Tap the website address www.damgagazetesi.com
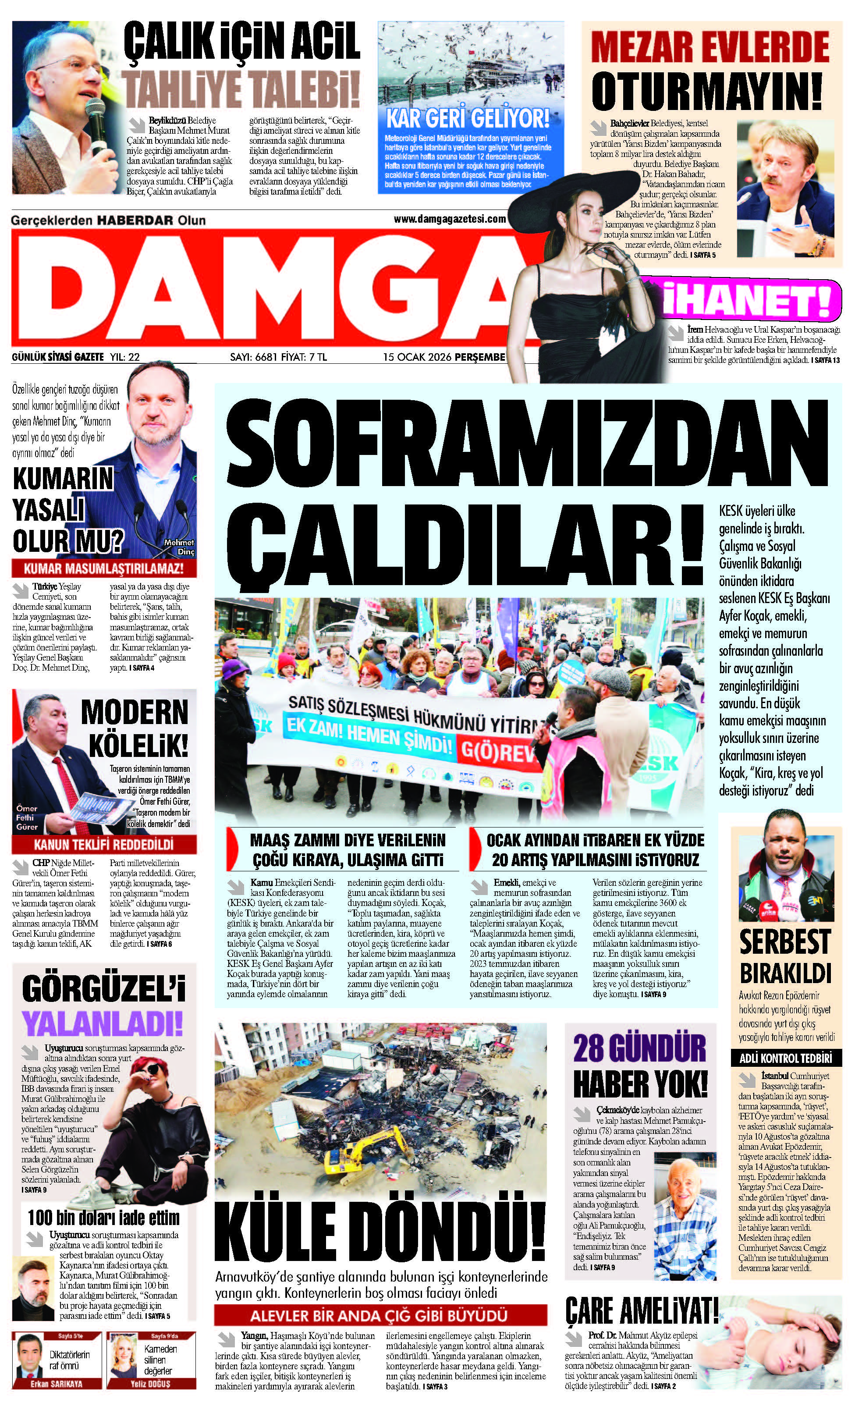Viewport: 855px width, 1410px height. pos(450,219)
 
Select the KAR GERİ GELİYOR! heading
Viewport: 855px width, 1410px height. pos(468,119)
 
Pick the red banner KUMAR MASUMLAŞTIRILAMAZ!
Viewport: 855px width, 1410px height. pos(103,569)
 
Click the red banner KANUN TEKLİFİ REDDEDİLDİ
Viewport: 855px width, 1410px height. pos(103,845)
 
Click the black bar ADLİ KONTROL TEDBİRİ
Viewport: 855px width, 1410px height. pos(786,1058)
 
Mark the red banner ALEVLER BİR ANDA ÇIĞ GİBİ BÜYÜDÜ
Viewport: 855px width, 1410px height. pos(380,1316)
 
